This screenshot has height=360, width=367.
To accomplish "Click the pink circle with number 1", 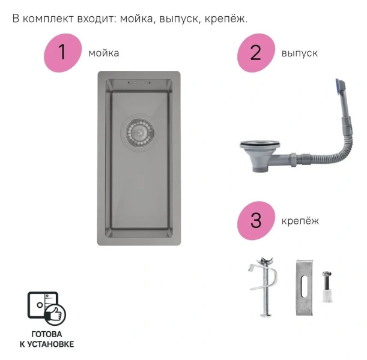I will (62, 52).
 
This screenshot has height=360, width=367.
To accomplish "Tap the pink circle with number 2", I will (256, 53).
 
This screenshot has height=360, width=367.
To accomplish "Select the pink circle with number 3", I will (256, 221).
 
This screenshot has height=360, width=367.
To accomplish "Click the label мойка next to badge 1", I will (103, 53).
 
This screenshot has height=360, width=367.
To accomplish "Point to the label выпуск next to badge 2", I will (299, 53).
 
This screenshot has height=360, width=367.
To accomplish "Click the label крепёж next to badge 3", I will (300, 221).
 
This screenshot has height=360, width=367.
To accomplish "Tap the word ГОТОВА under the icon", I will (46, 334).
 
